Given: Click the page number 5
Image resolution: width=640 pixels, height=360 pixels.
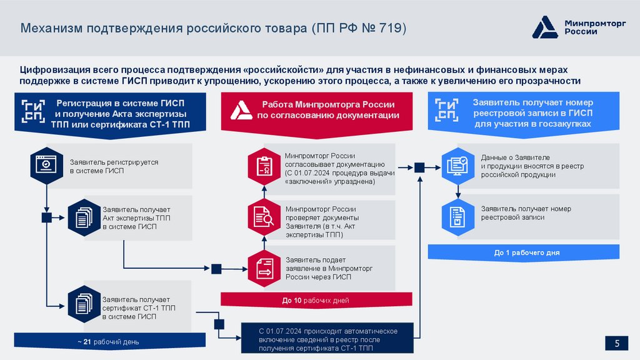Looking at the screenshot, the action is click(x=617, y=342).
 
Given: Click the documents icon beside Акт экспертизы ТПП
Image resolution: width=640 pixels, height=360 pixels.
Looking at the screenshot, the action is click(x=82, y=217).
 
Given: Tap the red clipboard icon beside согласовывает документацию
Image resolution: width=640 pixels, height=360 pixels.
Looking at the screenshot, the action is click(x=263, y=166).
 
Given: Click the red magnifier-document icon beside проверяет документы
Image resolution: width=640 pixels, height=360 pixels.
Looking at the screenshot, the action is click(x=263, y=217).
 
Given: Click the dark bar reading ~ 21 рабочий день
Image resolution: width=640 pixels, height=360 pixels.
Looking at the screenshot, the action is click(x=109, y=342).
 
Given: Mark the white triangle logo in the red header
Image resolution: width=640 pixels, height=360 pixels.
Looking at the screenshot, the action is click(x=242, y=111).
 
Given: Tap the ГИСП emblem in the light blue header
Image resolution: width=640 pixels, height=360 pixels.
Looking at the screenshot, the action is click(x=447, y=111).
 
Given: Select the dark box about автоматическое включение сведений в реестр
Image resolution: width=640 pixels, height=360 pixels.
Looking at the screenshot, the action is click(x=328, y=339).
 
